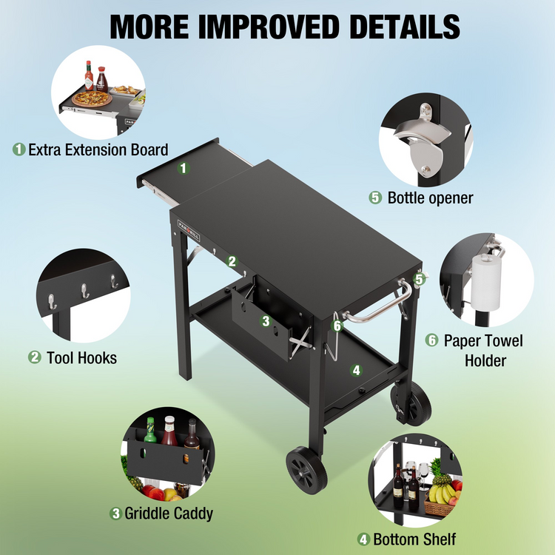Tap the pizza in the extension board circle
[92, 98]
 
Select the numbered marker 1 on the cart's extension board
[184, 168]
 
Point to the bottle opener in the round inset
[423, 139]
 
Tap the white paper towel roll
[485, 281]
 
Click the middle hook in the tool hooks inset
[84, 291]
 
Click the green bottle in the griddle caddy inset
[150, 431]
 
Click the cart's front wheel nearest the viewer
[306, 470]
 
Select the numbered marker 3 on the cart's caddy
[266, 321]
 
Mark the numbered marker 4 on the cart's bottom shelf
[356, 370]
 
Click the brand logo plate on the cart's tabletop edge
[189, 230]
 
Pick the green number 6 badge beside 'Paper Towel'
[432, 340]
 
